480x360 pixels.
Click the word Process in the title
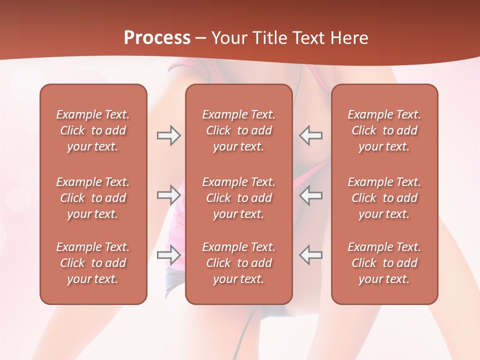pyautogui.click(x=157, y=37)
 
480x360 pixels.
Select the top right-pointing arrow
pyautogui.click(x=168, y=135)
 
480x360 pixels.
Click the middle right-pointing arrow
pyautogui.click(x=168, y=194)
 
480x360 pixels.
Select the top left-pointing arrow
pyautogui.click(x=311, y=135)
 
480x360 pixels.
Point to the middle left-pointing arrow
pyautogui.click(x=311, y=194)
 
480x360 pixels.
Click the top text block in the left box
pyautogui.click(x=93, y=130)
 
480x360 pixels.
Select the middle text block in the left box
pyautogui.click(x=93, y=198)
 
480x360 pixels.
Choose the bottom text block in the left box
pyautogui.click(x=93, y=263)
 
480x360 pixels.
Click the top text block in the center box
pyautogui.click(x=239, y=130)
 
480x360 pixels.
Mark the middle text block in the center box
pyautogui.click(x=239, y=198)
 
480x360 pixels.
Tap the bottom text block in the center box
pyautogui.click(x=239, y=263)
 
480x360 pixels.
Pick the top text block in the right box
pyautogui.click(x=384, y=130)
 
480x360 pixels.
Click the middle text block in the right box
pyautogui.click(x=384, y=198)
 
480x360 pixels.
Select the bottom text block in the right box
pyautogui.click(x=384, y=263)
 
